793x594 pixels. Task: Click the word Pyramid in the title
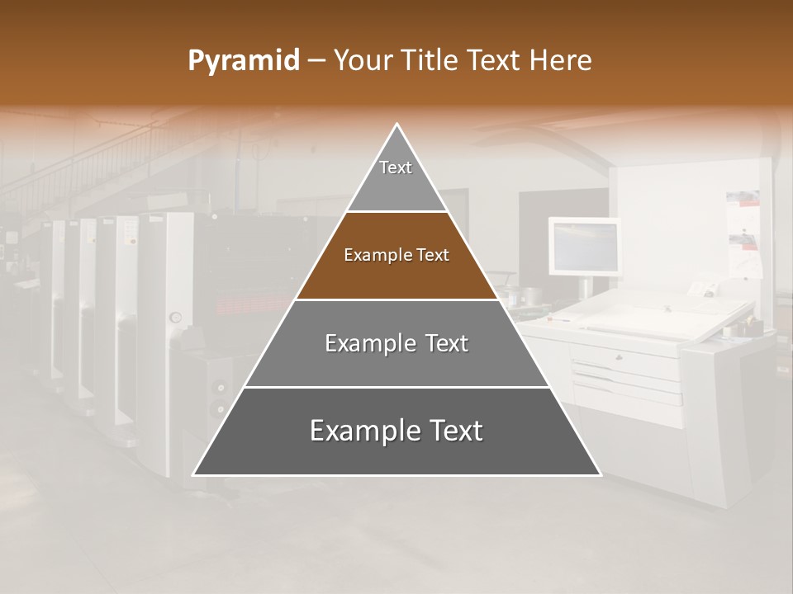(x=243, y=61)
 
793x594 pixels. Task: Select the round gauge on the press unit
(x=175, y=316)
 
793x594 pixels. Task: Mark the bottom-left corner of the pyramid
(x=194, y=474)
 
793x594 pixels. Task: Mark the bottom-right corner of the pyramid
(x=600, y=474)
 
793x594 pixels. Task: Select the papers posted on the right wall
(x=744, y=231)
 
